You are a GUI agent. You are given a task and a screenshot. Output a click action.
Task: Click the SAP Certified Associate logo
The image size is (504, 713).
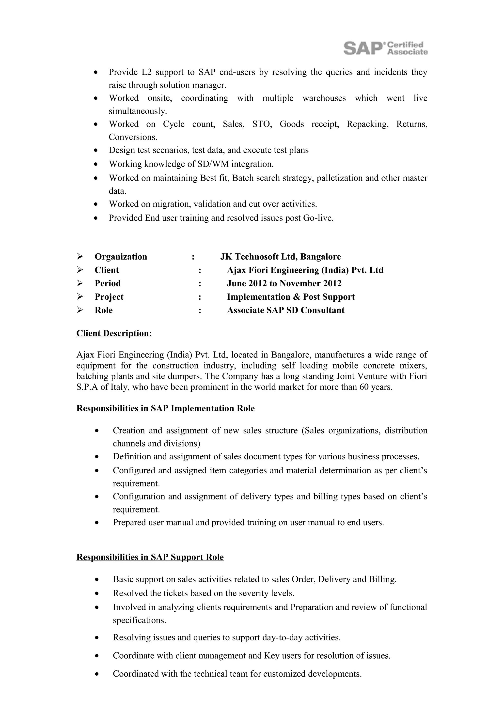tap(385, 48)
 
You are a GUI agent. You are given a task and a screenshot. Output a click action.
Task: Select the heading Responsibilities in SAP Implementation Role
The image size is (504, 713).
tap(166, 408)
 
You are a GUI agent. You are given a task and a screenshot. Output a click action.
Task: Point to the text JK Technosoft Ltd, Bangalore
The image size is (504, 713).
tap(280, 257)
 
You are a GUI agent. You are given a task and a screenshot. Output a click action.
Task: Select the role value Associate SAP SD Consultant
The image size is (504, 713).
tap(285, 310)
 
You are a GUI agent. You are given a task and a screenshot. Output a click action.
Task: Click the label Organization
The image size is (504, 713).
tap(121, 257)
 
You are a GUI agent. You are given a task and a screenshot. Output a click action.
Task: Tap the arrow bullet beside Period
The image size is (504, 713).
tap(80, 283)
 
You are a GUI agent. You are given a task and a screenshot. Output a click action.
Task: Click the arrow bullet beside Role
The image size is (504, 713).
tap(80, 310)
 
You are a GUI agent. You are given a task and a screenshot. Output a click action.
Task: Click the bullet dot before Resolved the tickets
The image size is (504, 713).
tap(97, 593)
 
